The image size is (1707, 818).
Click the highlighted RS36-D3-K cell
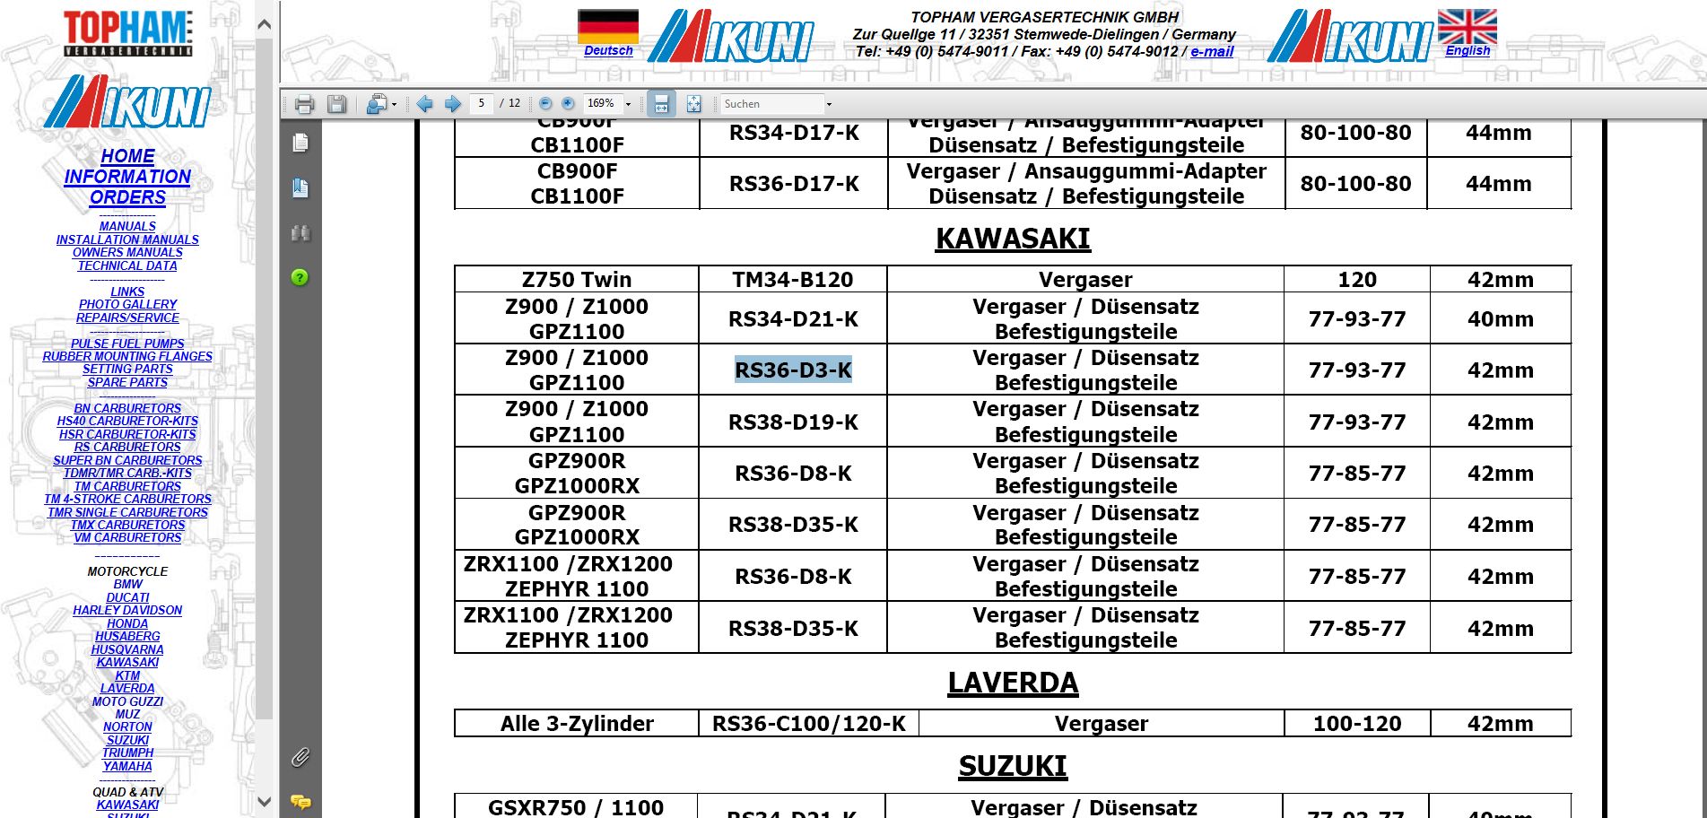[793, 370]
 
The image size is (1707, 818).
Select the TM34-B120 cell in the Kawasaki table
[793, 280]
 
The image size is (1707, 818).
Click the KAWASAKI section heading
[1013, 239]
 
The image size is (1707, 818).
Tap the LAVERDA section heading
[1013, 683]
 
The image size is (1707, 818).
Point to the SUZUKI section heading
[1013, 766]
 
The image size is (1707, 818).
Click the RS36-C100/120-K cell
[808, 724]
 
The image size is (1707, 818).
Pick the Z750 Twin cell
[577, 280]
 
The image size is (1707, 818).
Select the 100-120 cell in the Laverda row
[1357, 724]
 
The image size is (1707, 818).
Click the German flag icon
[608, 26]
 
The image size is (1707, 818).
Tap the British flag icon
[1467, 26]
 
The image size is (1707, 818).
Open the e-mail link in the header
[1212, 52]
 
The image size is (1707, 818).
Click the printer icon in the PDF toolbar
[304, 104]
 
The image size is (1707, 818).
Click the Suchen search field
[771, 104]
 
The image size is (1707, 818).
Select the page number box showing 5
[481, 104]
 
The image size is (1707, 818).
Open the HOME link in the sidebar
[127, 156]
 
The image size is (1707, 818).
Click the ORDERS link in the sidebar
[127, 197]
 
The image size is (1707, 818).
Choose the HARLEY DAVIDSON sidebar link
[127, 610]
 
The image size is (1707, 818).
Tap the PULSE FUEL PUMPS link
[127, 344]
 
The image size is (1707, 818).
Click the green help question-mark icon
[300, 277]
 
